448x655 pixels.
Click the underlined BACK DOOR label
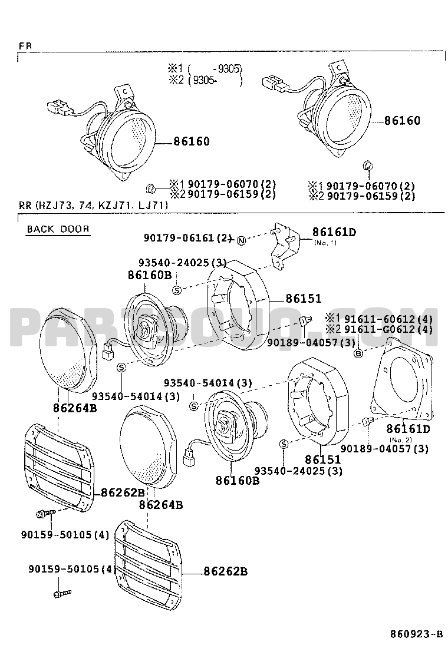tap(58, 229)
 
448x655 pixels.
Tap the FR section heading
tap(25, 46)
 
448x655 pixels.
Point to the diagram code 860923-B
tap(416, 634)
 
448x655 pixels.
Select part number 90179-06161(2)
tap(187, 238)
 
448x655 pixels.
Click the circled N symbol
tap(242, 240)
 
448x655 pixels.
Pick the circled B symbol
tap(358, 354)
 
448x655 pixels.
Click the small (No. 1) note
tap(325, 243)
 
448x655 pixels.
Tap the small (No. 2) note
tap(400, 439)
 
